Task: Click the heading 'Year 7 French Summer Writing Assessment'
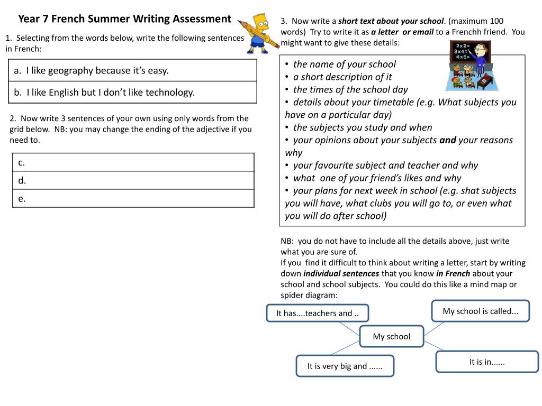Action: point(124,19)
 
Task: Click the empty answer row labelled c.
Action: point(133,162)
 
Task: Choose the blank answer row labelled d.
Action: point(133,180)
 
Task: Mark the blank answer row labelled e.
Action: point(133,198)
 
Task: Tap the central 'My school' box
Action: point(392,336)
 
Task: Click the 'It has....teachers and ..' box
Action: point(318,313)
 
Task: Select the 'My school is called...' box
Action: point(480,311)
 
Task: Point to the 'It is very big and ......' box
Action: point(345,366)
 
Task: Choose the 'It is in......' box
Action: point(487,362)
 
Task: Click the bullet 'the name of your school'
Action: point(344,64)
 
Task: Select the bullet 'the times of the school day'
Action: point(350,89)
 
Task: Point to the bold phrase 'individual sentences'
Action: point(341,273)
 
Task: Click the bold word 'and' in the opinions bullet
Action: point(447,140)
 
